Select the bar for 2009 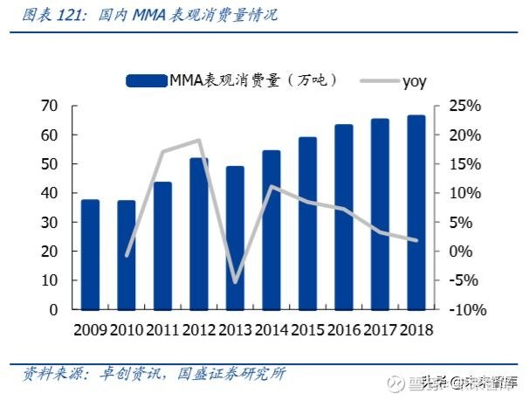click(91, 255)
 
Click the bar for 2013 click(235, 238)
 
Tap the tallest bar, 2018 click(416, 212)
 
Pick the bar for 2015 click(307, 224)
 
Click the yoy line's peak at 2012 click(199, 141)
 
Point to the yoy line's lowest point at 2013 click(235, 282)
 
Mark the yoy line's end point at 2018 click(416, 240)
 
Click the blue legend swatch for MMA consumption click(147, 81)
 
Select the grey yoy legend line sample click(380, 81)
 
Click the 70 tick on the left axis click(49, 106)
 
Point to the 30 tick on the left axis click(49, 222)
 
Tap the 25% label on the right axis click(464, 106)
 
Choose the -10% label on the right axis click(468, 309)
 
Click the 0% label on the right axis click(461, 252)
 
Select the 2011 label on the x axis click(162, 330)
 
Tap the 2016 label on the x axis click(344, 330)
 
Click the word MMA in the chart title click(149, 15)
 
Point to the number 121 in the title click(68, 15)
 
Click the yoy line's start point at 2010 click(127, 256)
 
